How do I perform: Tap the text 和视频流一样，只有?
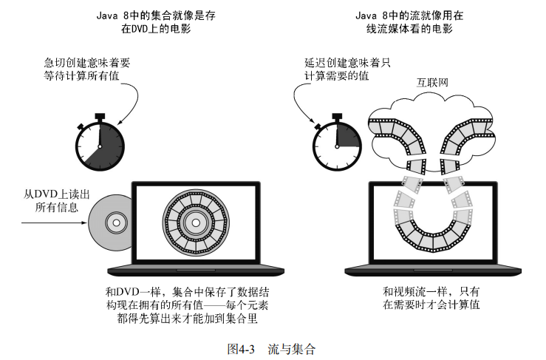pos(431,291)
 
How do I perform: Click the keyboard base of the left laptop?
pos(194,268)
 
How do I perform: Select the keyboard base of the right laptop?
pos(431,268)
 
